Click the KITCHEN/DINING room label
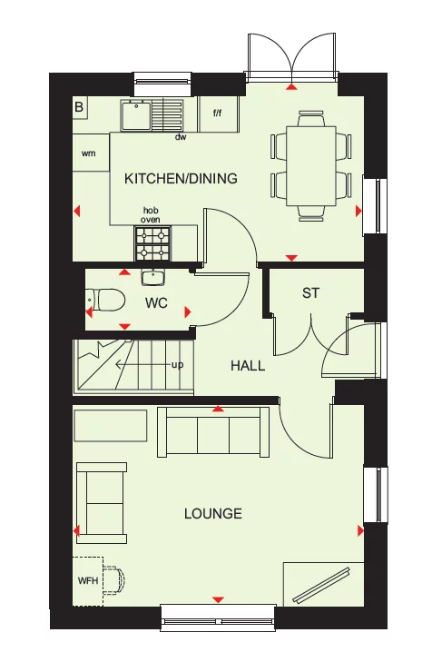pyautogui.click(x=181, y=179)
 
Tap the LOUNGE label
pyautogui.click(x=213, y=514)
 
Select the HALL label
pyautogui.click(x=248, y=366)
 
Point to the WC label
pyautogui.click(x=156, y=303)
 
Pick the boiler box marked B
pyautogui.click(x=80, y=108)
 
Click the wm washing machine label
pyautogui.click(x=88, y=153)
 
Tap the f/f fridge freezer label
pyautogui.click(x=218, y=114)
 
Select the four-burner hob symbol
pyautogui.click(x=153, y=242)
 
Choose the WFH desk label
pyautogui.click(x=87, y=578)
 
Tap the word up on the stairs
pyautogui.click(x=178, y=365)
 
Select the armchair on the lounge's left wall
pyautogui.click(x=102, y=499)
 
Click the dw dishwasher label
pyautogui.click(x=181, y=138)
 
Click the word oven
pyautogui.click(x=150, y=219)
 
